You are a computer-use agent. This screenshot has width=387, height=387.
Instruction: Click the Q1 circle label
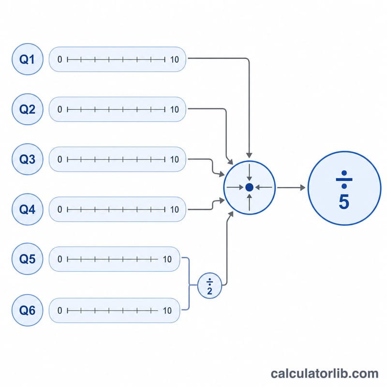(x=28, y=59)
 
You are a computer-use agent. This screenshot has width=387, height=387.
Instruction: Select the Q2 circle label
(x=28, y=109)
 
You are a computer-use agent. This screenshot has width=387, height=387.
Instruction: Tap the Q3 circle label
(x=28, y=159)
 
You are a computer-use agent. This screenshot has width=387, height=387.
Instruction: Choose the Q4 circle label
(x=28, y=209)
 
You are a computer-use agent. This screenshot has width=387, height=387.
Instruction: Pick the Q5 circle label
(x=28, y=259)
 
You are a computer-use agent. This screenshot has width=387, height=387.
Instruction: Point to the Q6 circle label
(x=28, y=310)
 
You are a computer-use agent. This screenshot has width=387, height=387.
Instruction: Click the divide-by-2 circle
(x=209, y=285)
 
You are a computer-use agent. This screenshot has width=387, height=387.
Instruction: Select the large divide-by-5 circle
(x=344, y=188)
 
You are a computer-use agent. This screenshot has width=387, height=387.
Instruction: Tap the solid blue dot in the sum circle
(x=249, y=188)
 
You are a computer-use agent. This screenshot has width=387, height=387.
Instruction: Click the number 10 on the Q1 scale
(x=175, y=60)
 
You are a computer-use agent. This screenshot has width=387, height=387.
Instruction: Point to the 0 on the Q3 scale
(x=60, y=160)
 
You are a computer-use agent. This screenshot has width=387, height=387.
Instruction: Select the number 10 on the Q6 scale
(x=167, y=311)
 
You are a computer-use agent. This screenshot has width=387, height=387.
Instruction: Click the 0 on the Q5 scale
(x=60, y=259)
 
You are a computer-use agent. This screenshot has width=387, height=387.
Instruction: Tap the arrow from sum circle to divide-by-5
(x=291, y=188)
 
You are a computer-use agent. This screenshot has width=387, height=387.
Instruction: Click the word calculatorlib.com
(x=325, y=373)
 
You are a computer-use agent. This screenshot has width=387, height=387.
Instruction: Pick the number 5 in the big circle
(x=344, y=202)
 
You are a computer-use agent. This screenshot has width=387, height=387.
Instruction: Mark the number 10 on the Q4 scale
(x=175, y=209)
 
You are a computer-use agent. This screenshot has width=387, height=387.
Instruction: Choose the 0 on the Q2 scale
(x=60, y=109)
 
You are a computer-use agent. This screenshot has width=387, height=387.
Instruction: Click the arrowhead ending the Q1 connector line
(x=249, y=155)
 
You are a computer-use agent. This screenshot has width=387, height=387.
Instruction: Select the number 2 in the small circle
(x=209, y=291)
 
